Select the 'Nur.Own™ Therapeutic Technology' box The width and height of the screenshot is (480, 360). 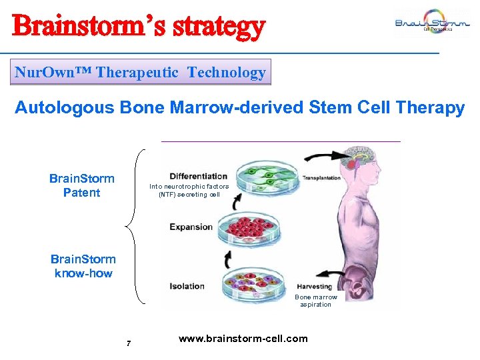click(141, 73)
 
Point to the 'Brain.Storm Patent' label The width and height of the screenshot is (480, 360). click(81, 186)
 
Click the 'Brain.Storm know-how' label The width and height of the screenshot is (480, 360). click(83, 266)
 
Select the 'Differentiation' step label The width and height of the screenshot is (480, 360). click(199, 177)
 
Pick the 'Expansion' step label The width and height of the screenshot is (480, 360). click(191, 227)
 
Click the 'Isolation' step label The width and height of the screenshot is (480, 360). click(187, 286)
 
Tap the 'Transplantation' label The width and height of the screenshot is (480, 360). click(321, 178)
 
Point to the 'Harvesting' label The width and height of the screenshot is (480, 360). click(315, 287)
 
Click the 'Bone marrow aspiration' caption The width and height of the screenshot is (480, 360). click(316, 301)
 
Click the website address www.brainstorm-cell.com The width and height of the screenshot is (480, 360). click(243, 339)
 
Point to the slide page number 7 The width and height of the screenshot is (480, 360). click(129, 344)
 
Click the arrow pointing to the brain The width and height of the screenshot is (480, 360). click(326, 157)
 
